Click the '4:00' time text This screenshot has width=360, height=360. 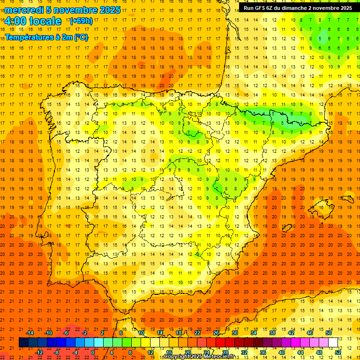[15, 22]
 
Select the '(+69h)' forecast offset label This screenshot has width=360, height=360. [81, 21]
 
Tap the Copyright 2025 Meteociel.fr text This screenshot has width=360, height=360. [199, 357]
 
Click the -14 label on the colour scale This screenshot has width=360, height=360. [30, 333]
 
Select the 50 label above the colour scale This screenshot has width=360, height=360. [329, 333]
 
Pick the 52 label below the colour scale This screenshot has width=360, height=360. [338, 352]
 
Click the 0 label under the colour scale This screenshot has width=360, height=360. [93, 352]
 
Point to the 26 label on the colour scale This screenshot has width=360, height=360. [216, 333]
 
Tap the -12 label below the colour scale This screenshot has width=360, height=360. [39, 352]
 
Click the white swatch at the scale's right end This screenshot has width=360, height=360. [333, 342]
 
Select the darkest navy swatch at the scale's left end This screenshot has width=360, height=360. [23, 342]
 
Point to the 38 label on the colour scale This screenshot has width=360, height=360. [272, 333]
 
